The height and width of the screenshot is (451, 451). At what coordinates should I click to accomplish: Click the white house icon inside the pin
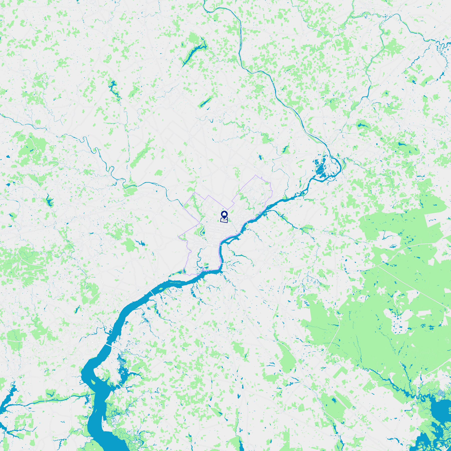click(x=224, y=214)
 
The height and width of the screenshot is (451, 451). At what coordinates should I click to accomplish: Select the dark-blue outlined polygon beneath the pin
click(x=224, y=220)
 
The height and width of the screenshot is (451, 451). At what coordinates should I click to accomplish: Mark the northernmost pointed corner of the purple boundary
click(x=256, y=175)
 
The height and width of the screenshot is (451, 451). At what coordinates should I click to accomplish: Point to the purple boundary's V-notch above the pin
click(x=227, y=210)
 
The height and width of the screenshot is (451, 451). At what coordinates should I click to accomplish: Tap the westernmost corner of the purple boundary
click(x=178, y=236)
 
